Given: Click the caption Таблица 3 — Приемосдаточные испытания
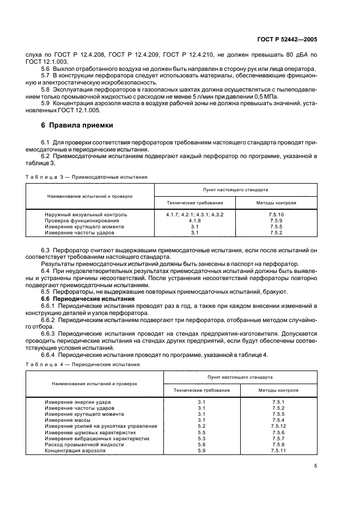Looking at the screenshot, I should click(x=86, y=177).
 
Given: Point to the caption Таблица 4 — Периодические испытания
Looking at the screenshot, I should click(x=84, y=364).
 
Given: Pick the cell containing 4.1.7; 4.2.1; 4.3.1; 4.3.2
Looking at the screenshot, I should click(x=194, y=215).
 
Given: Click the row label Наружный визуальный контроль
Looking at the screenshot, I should click(x=86, y=215).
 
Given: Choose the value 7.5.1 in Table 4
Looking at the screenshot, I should click(x=278, y=402).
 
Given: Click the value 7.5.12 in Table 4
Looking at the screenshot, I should click(x=278, y=426).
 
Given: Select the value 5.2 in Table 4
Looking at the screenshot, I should click(x=201, y=426).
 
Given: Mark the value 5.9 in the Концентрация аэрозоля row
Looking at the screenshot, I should click(x=201, y=451).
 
